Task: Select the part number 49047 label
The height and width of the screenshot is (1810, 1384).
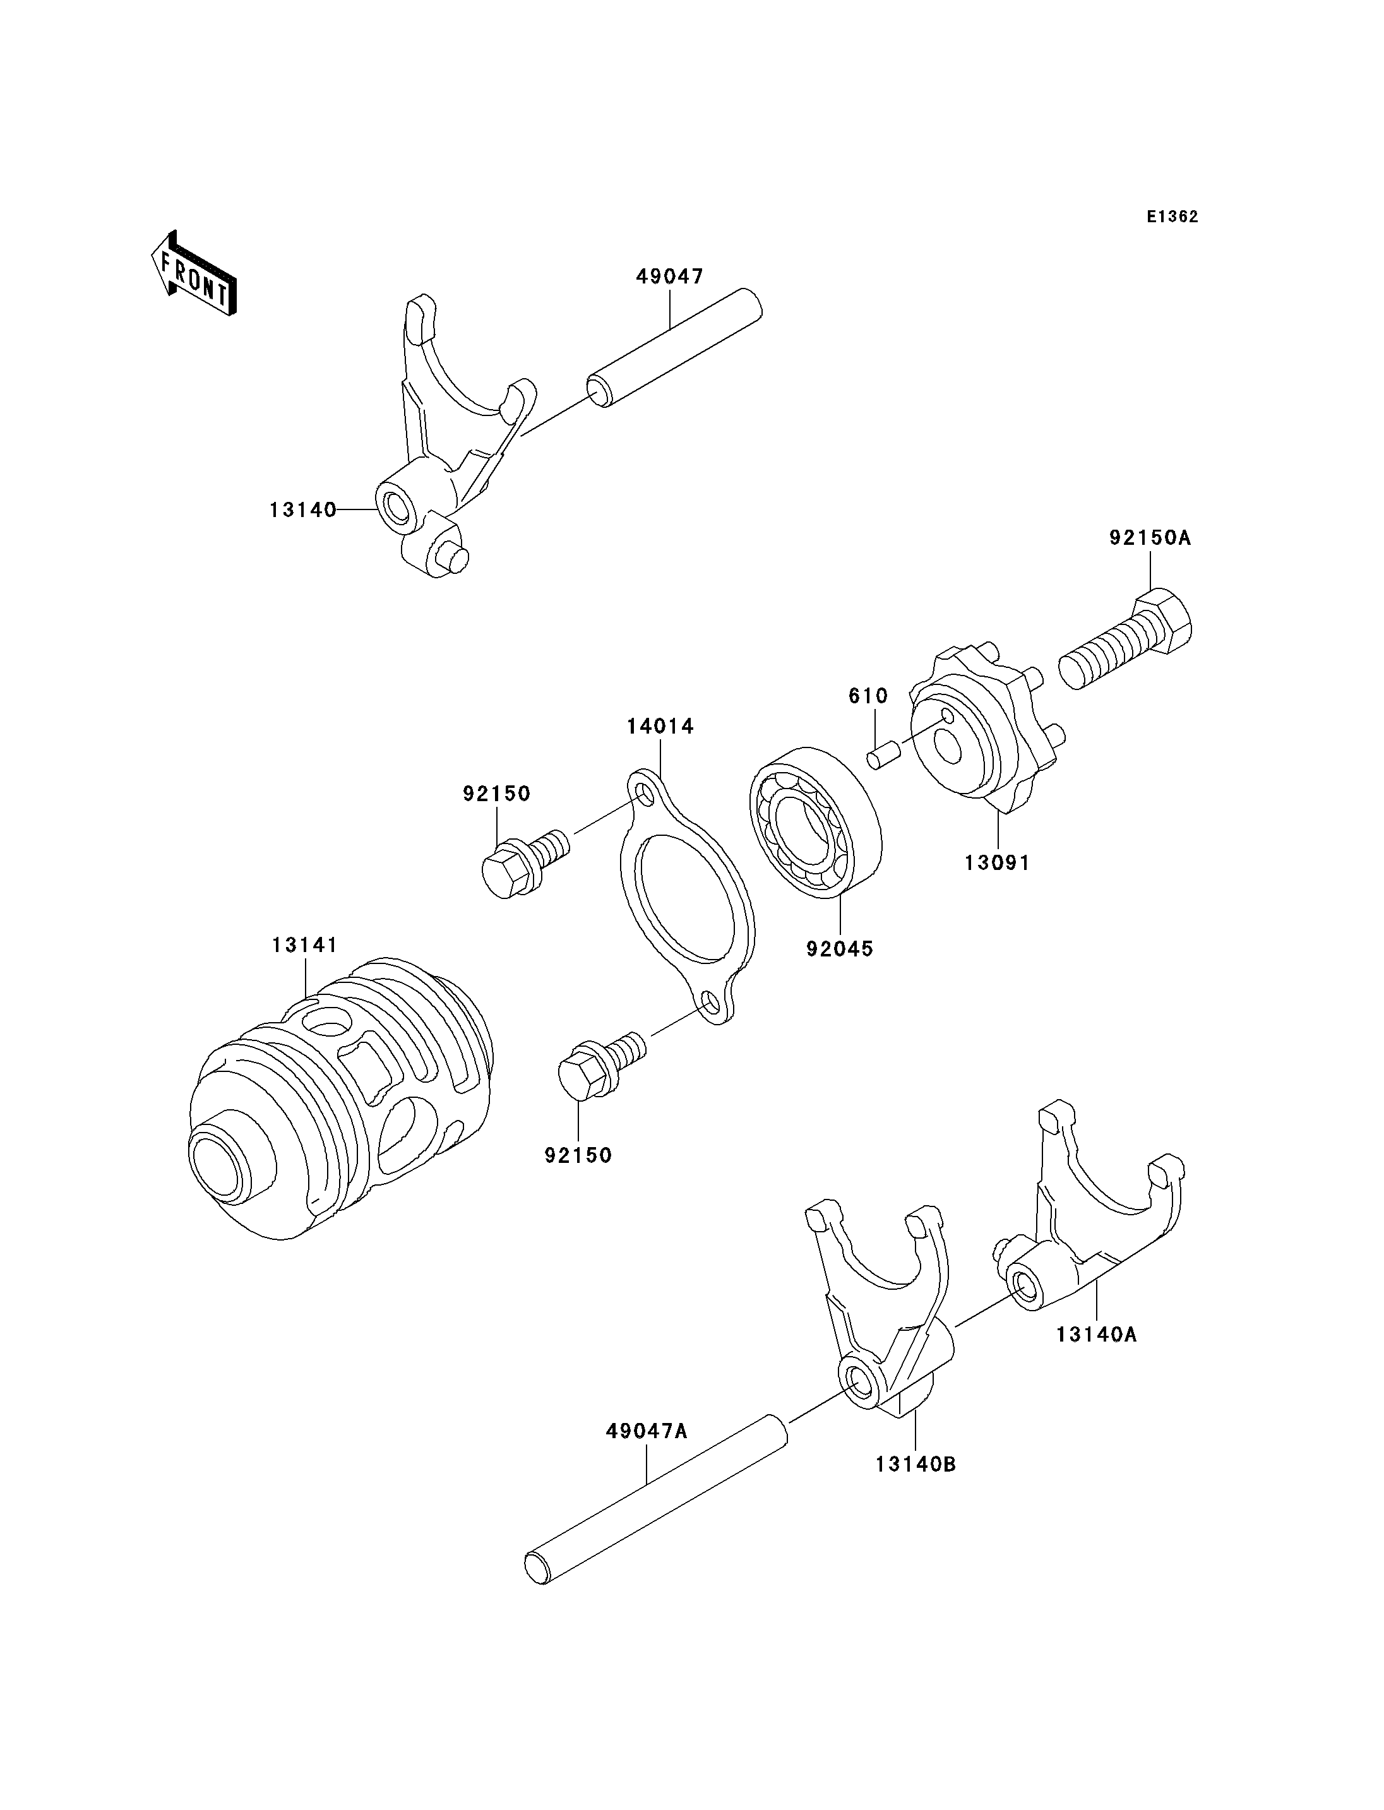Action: pyautogui.click(x=670, y=277)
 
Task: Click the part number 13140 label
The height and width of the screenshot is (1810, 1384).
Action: pyautogui.click(x=303, y=510)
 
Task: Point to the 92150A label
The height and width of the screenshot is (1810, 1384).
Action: pyautogui.click(x=1150, y=538)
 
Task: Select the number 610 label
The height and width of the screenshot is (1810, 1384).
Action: pyautogui.click(x=868, y=696)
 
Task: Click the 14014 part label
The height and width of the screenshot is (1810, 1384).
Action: pyautogui.click(x=660, y=726)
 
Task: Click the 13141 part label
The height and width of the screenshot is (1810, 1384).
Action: pyautogui.click(x=305, y=944)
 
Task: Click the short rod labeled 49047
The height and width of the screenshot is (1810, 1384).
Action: pyautogui.click(x=674, y=348)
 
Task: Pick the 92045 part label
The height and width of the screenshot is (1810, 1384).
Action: pyautogui.click(x=840, y=948)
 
